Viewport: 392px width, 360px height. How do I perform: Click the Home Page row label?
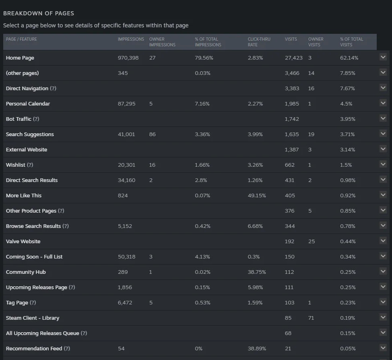[20, 58]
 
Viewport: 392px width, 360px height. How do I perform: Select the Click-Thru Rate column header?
[259, 42]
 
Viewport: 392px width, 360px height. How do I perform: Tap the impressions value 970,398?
[128, 58]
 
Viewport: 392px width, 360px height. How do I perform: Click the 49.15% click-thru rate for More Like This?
[257, 195]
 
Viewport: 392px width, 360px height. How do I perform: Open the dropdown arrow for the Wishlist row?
[383, 164]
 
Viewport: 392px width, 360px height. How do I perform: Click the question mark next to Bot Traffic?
[36, 119]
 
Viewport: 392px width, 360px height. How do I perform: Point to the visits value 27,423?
[293, 58]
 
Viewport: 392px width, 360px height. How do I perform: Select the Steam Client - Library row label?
[33, 318]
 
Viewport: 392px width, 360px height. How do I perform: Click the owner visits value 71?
[311, 318]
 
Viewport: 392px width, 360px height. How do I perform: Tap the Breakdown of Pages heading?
[39, 13]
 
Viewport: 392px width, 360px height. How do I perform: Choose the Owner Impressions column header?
[162, 42]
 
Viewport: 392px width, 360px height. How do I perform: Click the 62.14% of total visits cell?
[349, 58]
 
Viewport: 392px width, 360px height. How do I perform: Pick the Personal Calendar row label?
[28, 103]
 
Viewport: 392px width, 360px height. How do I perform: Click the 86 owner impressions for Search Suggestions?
[152, 134]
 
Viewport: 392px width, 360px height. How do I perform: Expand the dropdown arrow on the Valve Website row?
[383, 241]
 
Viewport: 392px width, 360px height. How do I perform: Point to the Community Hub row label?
[26, 272]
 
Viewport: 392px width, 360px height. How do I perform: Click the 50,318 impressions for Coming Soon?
[126, 257]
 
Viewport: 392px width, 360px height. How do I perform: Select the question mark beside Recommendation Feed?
[67, 348]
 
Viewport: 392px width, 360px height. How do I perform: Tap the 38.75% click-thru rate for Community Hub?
[257, 272]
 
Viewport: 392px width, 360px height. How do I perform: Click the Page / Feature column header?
[21, 39]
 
